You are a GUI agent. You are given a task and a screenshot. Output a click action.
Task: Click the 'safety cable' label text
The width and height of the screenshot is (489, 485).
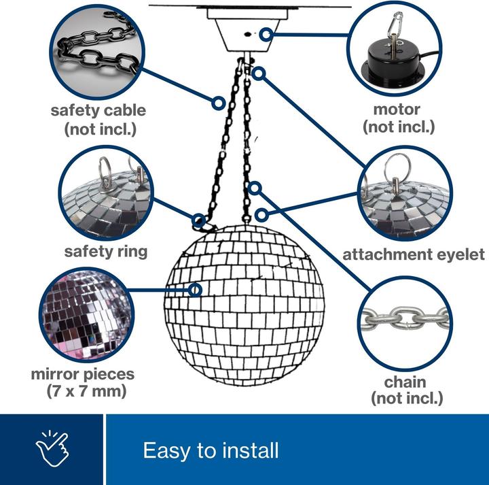point(98,111)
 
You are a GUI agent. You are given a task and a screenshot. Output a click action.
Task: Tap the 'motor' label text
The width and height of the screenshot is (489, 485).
point(397,110)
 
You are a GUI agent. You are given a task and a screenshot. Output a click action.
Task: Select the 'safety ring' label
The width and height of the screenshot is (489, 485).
point(106,252)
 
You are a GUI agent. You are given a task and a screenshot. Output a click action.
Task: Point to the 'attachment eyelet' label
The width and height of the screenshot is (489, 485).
point(414,254)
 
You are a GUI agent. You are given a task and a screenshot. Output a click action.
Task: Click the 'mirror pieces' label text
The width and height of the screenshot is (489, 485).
point(83,374)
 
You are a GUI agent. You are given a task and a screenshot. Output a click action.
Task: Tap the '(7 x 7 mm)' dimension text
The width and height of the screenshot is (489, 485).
point(86,391)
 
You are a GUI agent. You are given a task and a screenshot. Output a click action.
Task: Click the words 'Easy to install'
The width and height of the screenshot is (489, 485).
point(211,450)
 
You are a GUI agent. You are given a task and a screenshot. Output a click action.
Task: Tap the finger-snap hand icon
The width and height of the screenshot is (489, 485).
point(52,448)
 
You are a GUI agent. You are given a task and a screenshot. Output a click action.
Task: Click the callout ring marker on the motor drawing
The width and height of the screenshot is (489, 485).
point(266,34)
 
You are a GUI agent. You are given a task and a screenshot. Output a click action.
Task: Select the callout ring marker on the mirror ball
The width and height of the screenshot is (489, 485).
point(195,290)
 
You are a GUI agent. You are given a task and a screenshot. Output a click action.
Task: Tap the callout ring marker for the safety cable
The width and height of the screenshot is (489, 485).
point(219,103)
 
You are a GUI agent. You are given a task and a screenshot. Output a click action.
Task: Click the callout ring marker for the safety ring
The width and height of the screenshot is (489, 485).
point(198,221)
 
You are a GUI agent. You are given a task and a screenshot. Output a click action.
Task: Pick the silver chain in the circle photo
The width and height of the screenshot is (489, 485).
point(405,318)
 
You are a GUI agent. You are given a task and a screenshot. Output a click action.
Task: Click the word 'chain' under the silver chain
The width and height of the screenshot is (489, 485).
point(405,382)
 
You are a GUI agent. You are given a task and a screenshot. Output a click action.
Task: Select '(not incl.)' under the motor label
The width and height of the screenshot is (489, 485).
point(399,127)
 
